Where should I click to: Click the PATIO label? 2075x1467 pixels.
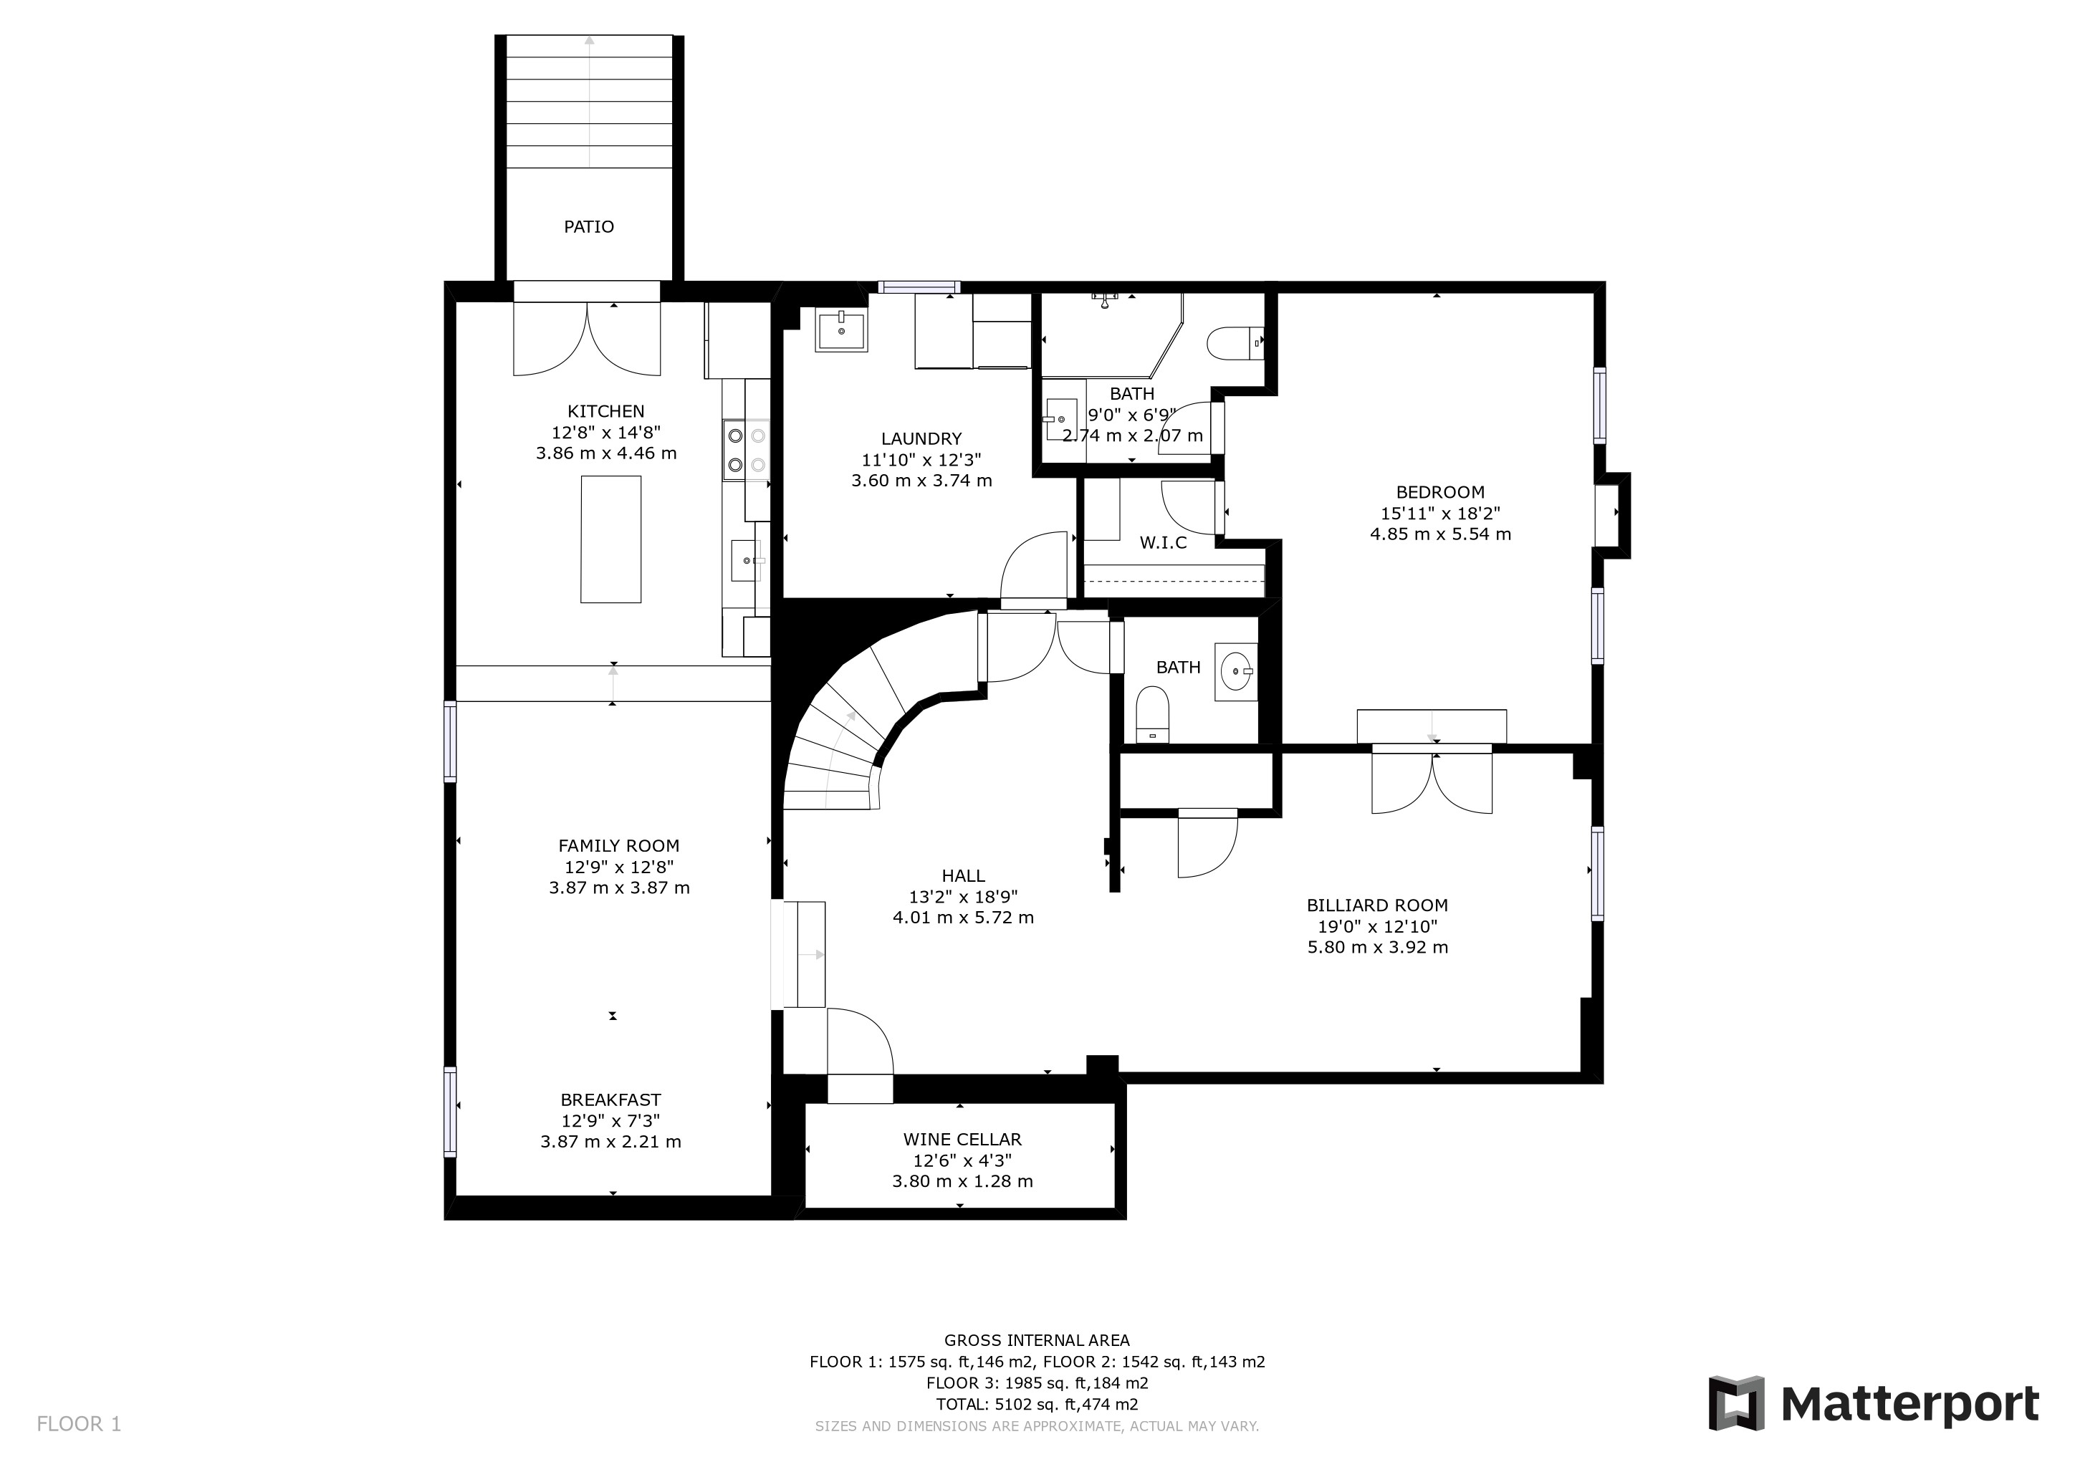[x=588, y=227]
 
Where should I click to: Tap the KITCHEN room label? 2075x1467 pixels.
[x=605, y=411]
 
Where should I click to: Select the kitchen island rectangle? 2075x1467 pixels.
[x=611, y=539]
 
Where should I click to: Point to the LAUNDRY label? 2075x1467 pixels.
[x=921, y=439]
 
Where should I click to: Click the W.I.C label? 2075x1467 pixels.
[x=1163, y=543]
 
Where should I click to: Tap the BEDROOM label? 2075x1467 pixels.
[x=1441, y=492]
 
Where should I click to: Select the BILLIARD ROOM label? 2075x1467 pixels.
[x=1377, y=905]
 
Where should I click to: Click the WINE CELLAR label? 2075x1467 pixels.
[x=962, y=1140]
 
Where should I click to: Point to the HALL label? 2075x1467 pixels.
[x=964, y=875]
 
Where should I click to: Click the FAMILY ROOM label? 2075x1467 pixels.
[x=619, y=845]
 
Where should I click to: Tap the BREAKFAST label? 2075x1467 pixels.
[x=611, y=1100]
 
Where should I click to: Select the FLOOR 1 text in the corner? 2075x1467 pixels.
[x=79, y=1425]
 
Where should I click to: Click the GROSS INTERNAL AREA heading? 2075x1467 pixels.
[x=1037, y=1340]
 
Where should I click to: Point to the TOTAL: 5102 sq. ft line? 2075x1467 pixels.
[x=1037, y=1405]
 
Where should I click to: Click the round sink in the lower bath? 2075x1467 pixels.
[x=1236, y=671]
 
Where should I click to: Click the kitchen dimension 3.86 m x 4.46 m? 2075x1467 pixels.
[x=605, y=453]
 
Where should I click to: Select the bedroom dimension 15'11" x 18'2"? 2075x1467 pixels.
[x=1441, y=513]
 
